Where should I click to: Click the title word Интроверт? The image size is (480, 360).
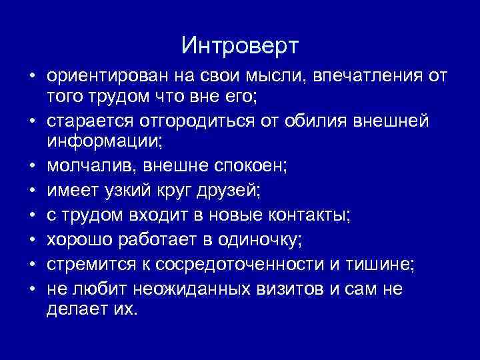(240, 46)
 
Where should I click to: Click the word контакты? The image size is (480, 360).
(305, 215)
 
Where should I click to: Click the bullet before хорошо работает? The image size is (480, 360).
(32, 239)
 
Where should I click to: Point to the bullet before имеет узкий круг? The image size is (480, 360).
(32, 193)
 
